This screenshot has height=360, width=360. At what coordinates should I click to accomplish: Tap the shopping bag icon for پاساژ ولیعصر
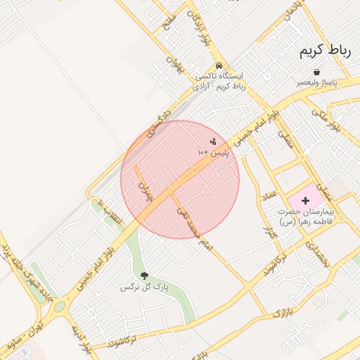point(318,72)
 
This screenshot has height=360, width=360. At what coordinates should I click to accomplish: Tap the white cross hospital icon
point(304,201)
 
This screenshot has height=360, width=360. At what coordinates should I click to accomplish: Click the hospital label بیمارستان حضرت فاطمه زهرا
point(307,216)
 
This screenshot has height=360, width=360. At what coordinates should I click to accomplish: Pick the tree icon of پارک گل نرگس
point(145,276)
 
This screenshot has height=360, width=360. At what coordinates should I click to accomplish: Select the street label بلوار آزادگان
point(198,27)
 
